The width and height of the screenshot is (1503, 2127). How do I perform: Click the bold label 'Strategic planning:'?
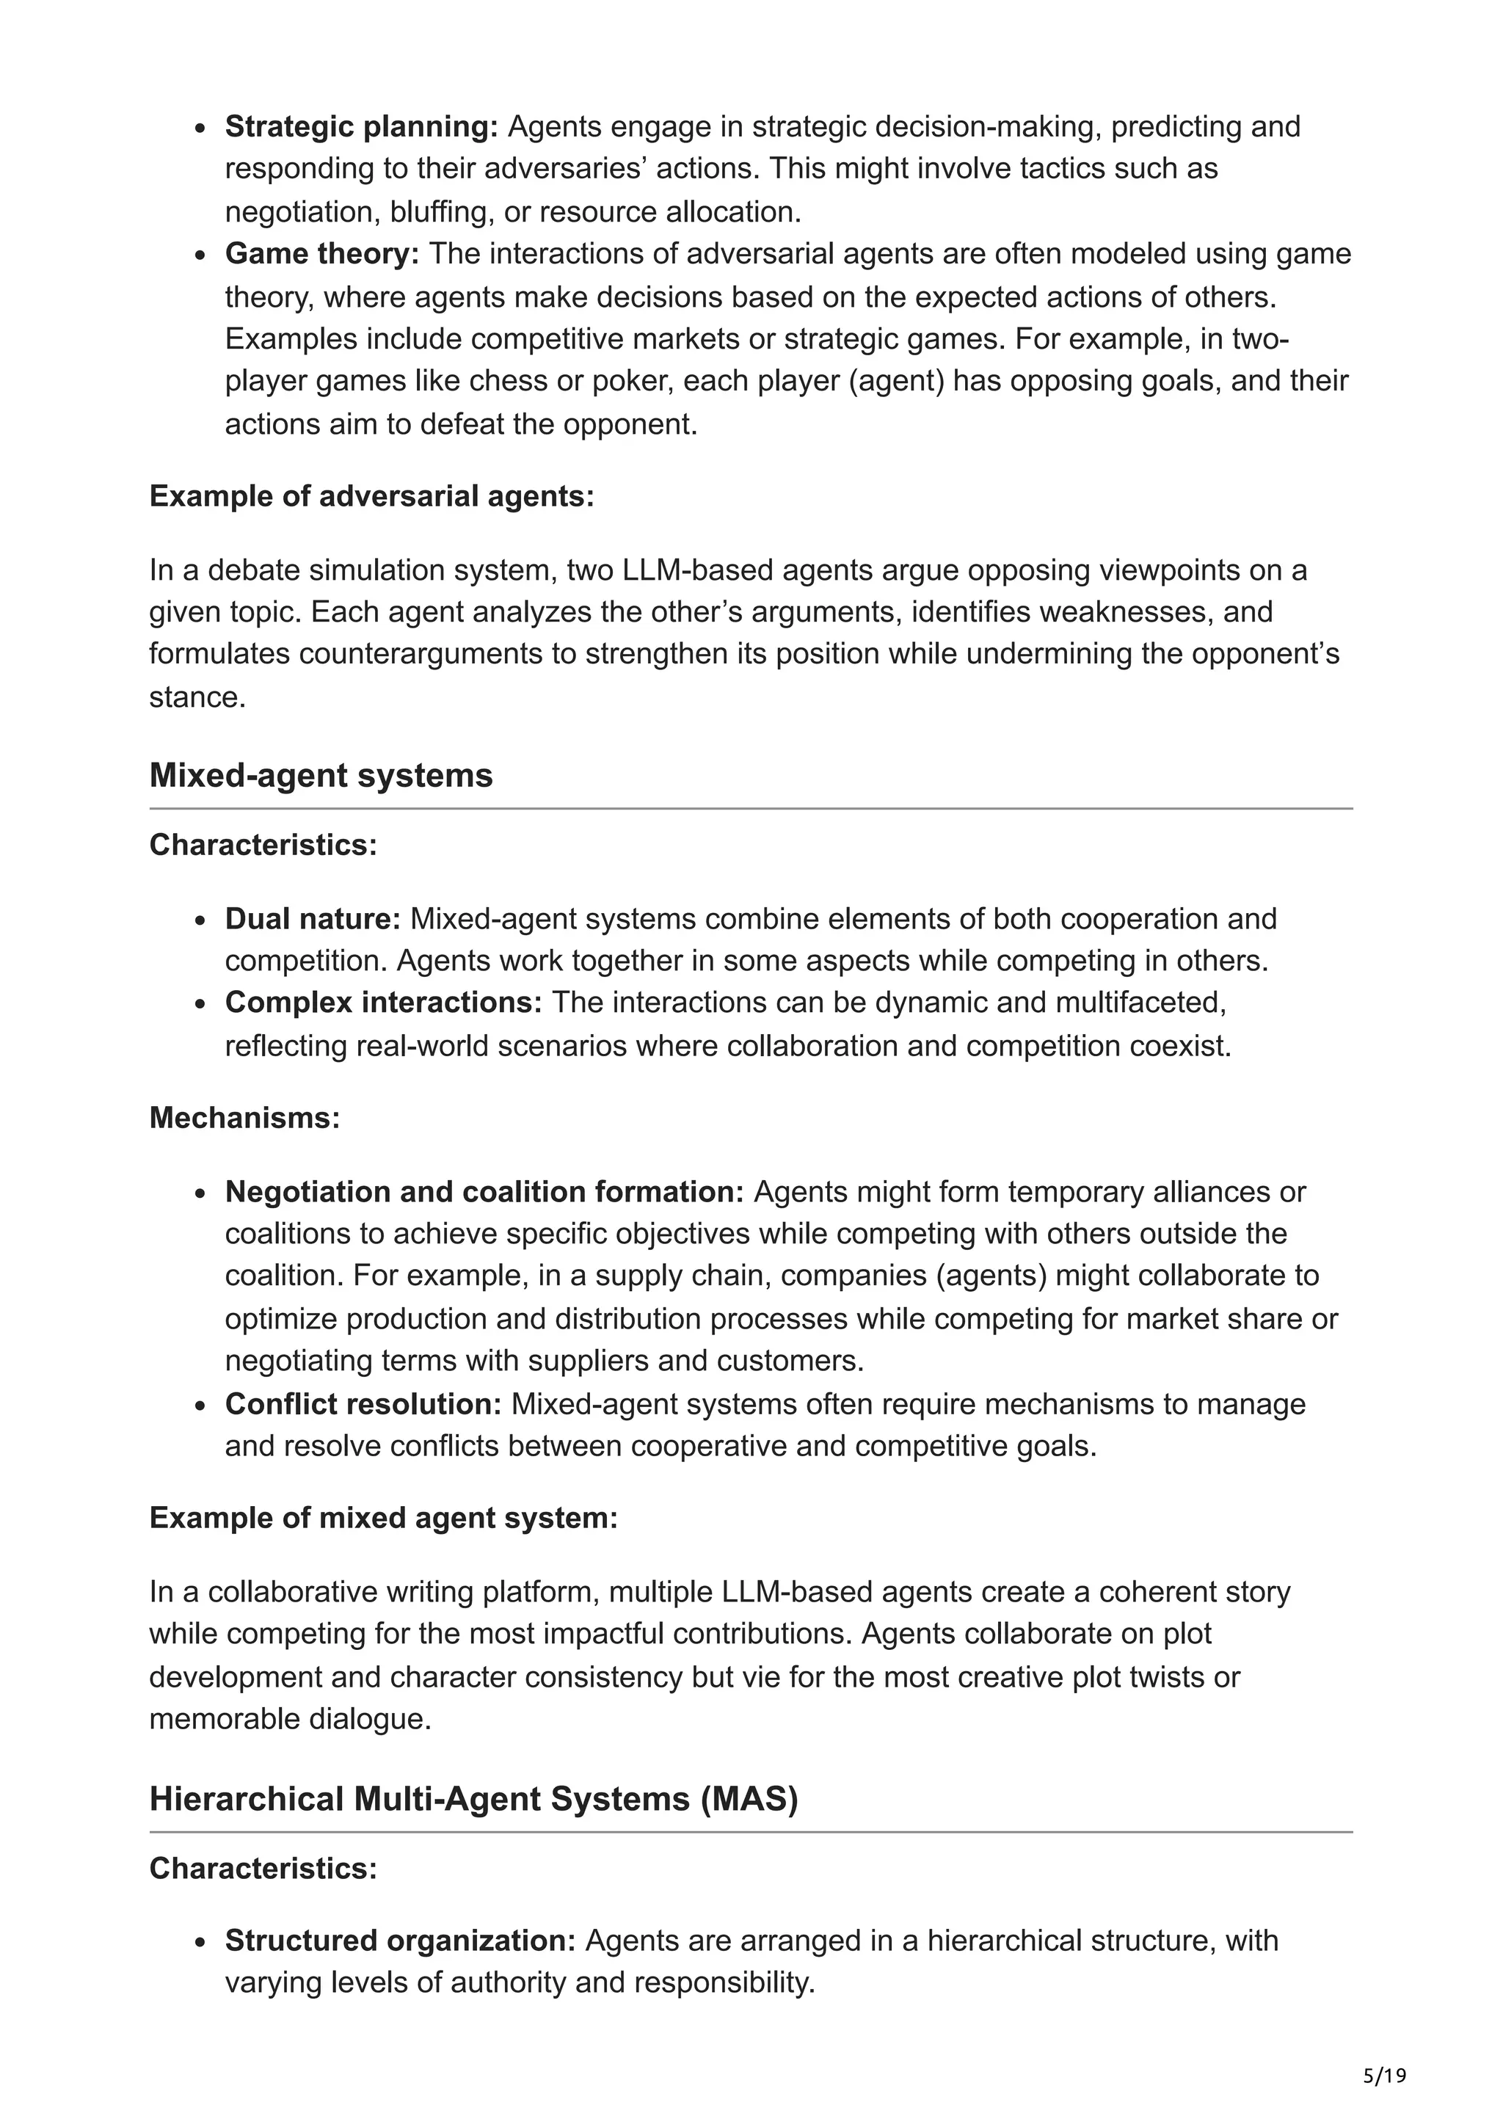pyautogui.click(x=361, y=126)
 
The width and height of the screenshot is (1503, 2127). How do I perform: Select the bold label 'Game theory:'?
pyautogui.click(x=321, y=253)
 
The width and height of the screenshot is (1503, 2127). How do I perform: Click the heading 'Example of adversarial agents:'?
pyautogui.click(x=371, y=497)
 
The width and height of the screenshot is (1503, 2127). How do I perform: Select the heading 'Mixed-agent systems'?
pyautogui.click(x=321, y=774)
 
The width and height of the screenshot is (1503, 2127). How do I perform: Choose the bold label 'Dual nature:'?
pyautogui.click(x=312, y=918)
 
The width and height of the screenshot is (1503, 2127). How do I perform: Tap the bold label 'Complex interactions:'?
pyautogui.click(x=383, y=1003)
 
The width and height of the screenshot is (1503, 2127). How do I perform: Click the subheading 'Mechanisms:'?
pyautogui.click(x=244, y=1117)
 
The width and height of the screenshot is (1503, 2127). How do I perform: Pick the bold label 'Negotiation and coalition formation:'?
pyautogui.click(x=484, y=1191)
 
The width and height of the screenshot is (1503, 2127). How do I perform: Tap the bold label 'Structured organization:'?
pyautogui.click(x=400, y=1940)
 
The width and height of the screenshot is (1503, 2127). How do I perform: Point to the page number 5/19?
pyautogui.click(x=1384, y=2076)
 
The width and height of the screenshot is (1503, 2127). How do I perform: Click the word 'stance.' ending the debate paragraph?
pyautogui.click(x=197, y=697)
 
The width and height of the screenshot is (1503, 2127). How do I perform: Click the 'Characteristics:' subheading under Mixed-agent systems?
pyautogui.click(x=263, y=845)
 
